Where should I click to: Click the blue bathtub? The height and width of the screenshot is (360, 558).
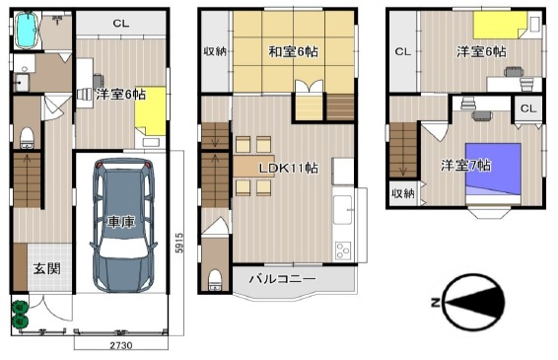click(x=27, y=31)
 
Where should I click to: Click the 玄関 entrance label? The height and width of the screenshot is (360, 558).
click(x=46, y=269)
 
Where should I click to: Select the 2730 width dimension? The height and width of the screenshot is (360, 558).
click(x=121, y=345)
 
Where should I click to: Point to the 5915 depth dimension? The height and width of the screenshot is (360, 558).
click(x=180, y=243)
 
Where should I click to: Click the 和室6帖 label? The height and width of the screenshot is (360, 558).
click(x=293, y=52)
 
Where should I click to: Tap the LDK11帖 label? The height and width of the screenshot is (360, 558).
click(x=289, y=168)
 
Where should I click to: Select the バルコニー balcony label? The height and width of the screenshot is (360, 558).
click(x=282, y=278)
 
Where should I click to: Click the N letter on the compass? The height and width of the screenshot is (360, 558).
click(x=435, y=303)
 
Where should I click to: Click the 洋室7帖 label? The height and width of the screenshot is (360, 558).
click(x=466, y=166)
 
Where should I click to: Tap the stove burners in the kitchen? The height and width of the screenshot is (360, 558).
click(x=343, y=251)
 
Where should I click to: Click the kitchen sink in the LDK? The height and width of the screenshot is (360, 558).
click(x=342, y=210)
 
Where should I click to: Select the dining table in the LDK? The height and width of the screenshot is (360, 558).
click(x=253, y=166)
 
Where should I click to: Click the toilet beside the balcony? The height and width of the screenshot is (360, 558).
click(x=215, y=280)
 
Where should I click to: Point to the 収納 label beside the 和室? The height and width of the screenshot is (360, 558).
click(x=215, y=51)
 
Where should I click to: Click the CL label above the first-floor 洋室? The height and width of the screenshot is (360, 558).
click(x=121, y=24)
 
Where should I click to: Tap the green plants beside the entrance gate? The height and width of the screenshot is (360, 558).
click(x=20, y=315)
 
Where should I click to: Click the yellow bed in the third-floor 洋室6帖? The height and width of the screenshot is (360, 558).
click(x=500, y=25)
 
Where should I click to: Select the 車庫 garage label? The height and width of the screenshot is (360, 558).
click(x=121, y=222)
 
